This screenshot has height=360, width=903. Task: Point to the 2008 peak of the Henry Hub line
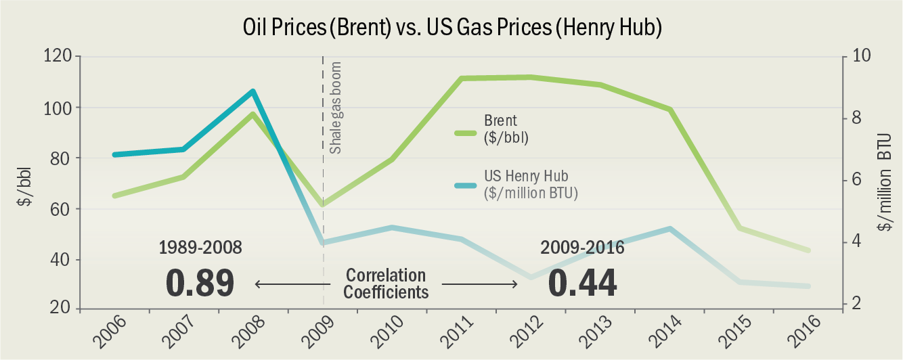point(252,91)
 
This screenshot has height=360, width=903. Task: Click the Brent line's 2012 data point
point(530,77)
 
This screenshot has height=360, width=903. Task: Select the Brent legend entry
point(501,129)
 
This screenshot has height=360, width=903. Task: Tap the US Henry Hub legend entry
point(521,183)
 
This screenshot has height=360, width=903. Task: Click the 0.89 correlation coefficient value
point(200,283)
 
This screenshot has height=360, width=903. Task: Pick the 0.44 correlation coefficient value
point(582,283)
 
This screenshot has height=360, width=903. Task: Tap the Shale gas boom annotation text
point(336,108)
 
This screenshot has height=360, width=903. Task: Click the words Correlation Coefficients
point(386,284)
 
